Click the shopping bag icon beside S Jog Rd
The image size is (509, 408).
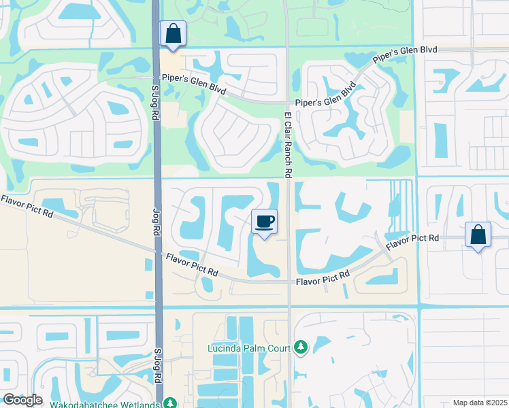[173, 33]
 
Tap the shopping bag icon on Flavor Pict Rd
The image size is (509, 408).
[478, 235]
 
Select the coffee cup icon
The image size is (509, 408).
[265, 221]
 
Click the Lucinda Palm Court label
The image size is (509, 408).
[250, 349]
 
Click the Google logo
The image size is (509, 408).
[22, 400]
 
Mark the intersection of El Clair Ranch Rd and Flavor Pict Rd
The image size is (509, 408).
[290, 281]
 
